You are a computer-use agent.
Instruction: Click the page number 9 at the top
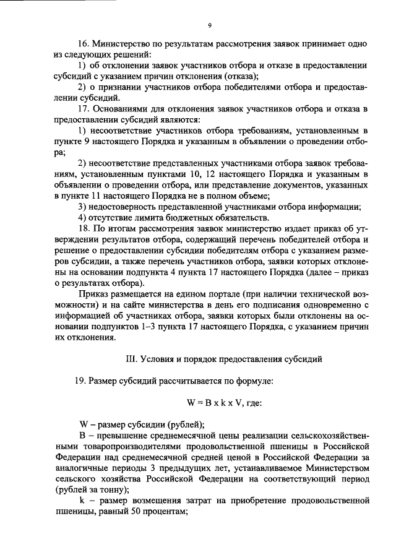pyautogui.click(x=210, y=25)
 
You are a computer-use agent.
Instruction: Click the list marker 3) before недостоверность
pyautogui.click(x=82, y=207)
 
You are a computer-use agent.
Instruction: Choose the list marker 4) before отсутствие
pyautogui.click(x=82, y=217)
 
